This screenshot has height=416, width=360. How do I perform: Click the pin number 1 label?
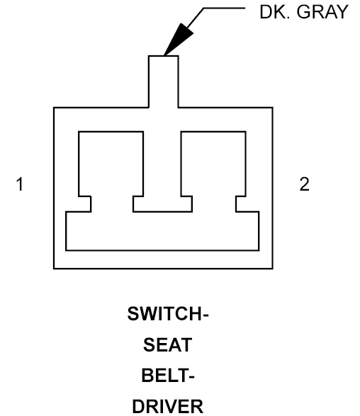point(20,184)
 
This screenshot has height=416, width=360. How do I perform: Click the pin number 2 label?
point(304,184)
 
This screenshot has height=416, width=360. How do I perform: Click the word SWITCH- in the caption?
point(168,314)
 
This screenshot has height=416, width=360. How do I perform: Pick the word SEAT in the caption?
point(168,344)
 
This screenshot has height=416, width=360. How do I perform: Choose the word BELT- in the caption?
point(168,376)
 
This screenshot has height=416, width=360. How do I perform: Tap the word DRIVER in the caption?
point(168,407)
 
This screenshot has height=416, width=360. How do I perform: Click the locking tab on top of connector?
point(164,81)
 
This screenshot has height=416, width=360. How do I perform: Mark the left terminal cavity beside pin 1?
point(111,164)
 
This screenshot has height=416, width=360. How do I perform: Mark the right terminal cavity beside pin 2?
point(213,164)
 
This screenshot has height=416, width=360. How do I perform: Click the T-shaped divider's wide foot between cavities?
point(162,204)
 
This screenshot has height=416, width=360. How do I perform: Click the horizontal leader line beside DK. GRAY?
point(224,9)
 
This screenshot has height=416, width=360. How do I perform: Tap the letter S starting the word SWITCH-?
point(133,314)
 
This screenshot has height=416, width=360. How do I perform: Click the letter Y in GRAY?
point(341,12)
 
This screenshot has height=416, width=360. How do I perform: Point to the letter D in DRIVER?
point(138,407)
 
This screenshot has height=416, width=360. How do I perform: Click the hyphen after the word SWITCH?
point(205,315)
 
